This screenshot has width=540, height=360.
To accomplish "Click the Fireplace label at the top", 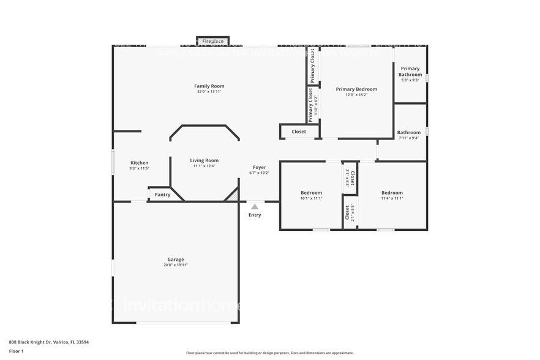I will tap(212, 41).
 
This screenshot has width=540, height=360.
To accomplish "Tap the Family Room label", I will tap(209, 86).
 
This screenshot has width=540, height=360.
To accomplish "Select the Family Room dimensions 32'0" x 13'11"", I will tap(209, 92).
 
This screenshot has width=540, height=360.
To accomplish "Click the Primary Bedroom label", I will tap(356, 89).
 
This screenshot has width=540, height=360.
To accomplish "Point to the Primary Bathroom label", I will tap(410, 72).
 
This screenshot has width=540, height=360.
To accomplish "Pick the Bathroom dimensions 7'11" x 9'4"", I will tap(408, 138).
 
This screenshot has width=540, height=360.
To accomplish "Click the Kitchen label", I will tap(139, 163).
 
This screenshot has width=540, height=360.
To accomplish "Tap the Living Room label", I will tap(204, 160).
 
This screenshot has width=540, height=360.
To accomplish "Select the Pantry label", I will tap(162, 195).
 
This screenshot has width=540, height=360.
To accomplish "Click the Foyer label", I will tap(260, 167).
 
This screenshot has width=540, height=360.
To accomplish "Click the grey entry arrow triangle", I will tap(255, 207).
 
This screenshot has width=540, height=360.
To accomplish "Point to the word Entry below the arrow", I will tap(255, 215).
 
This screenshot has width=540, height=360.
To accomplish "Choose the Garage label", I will tap(176, 260).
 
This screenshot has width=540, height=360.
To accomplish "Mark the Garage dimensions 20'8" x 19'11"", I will tap(176, 265).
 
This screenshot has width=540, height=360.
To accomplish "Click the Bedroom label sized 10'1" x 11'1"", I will tap(311, 193).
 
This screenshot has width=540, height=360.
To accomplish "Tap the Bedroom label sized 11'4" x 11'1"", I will tap(392, 193).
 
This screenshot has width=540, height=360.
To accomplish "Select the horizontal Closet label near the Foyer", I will tap(299, 132).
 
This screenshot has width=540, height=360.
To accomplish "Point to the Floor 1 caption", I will tap(16, 351).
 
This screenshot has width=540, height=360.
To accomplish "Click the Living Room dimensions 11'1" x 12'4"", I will tap(204, 166).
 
